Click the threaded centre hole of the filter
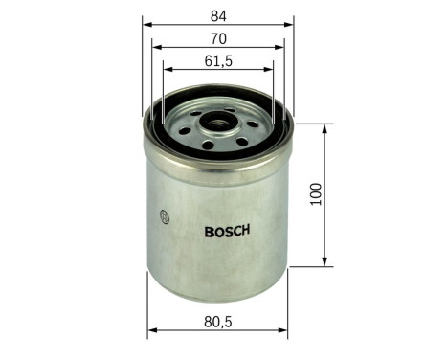coord(219,123)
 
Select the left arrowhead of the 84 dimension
coord(147,22)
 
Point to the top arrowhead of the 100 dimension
coord(326,125)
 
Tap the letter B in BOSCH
coord(209,231)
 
